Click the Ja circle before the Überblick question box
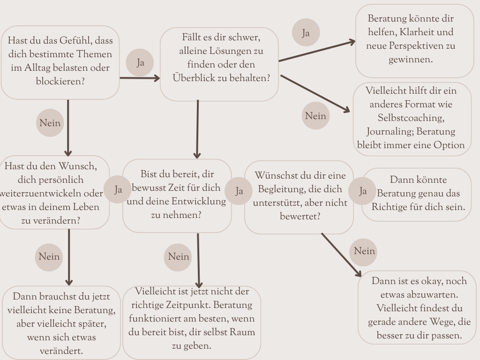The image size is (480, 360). click(140, 62)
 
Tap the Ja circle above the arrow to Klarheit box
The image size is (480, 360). click(306, 32)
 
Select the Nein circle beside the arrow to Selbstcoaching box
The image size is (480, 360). click(315, 116)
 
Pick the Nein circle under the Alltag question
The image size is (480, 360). click(50, 123)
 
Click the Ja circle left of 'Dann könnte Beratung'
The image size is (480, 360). click(362, 191)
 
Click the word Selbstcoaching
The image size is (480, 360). click(411, 118)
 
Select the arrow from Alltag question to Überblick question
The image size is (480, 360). click(140, 78)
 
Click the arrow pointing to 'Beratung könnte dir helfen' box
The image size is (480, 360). click(317, 51)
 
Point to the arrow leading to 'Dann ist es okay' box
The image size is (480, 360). click(341, 255)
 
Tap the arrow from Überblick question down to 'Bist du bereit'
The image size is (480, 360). click(197, 129)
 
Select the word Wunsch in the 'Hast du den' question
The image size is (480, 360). click(77, 166)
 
